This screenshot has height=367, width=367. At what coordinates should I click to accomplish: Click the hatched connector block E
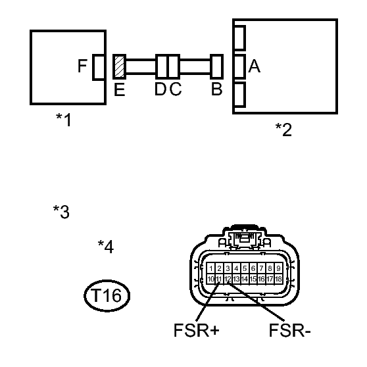(x=119, y=66)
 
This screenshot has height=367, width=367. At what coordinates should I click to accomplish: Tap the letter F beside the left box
(x=82, y=66)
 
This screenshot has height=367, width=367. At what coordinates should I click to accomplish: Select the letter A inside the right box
(x=254, y=66)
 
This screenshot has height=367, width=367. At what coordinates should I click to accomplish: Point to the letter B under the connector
(x=216, y=89)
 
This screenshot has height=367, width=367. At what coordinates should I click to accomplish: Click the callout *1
(x=63, y=120)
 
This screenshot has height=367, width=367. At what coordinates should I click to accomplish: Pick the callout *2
(x=283, y=130)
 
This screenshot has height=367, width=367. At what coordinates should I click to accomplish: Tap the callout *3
(x=61, y=212)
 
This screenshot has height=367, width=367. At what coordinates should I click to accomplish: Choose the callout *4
(x=106, y=247)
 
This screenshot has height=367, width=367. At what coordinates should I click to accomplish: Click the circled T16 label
(x=107, y=295)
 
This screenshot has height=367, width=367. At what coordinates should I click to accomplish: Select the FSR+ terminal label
(x=197, y=330)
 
